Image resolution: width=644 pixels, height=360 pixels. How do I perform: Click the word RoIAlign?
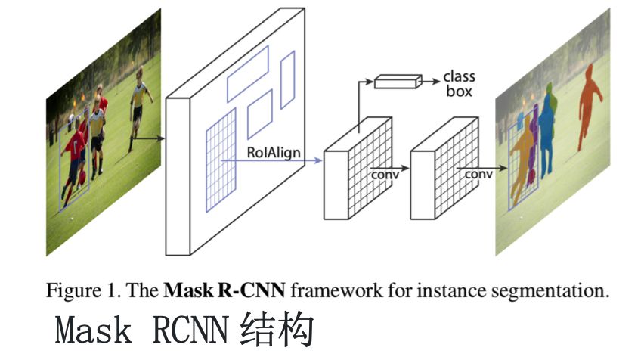pyautogui.click(x=274, y=153)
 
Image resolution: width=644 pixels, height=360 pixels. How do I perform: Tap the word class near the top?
pyautogui.click(x=459, y=77)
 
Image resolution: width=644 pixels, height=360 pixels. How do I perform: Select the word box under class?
pyautogui.click(x=459, y=92)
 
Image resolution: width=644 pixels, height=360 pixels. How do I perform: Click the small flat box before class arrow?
pyautogui.click(x=398, y=80)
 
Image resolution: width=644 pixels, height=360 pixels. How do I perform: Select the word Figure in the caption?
pyautogui.click(x=76, y=290)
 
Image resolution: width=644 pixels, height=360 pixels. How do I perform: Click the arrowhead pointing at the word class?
pyautogui.click(x=436, y=78)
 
